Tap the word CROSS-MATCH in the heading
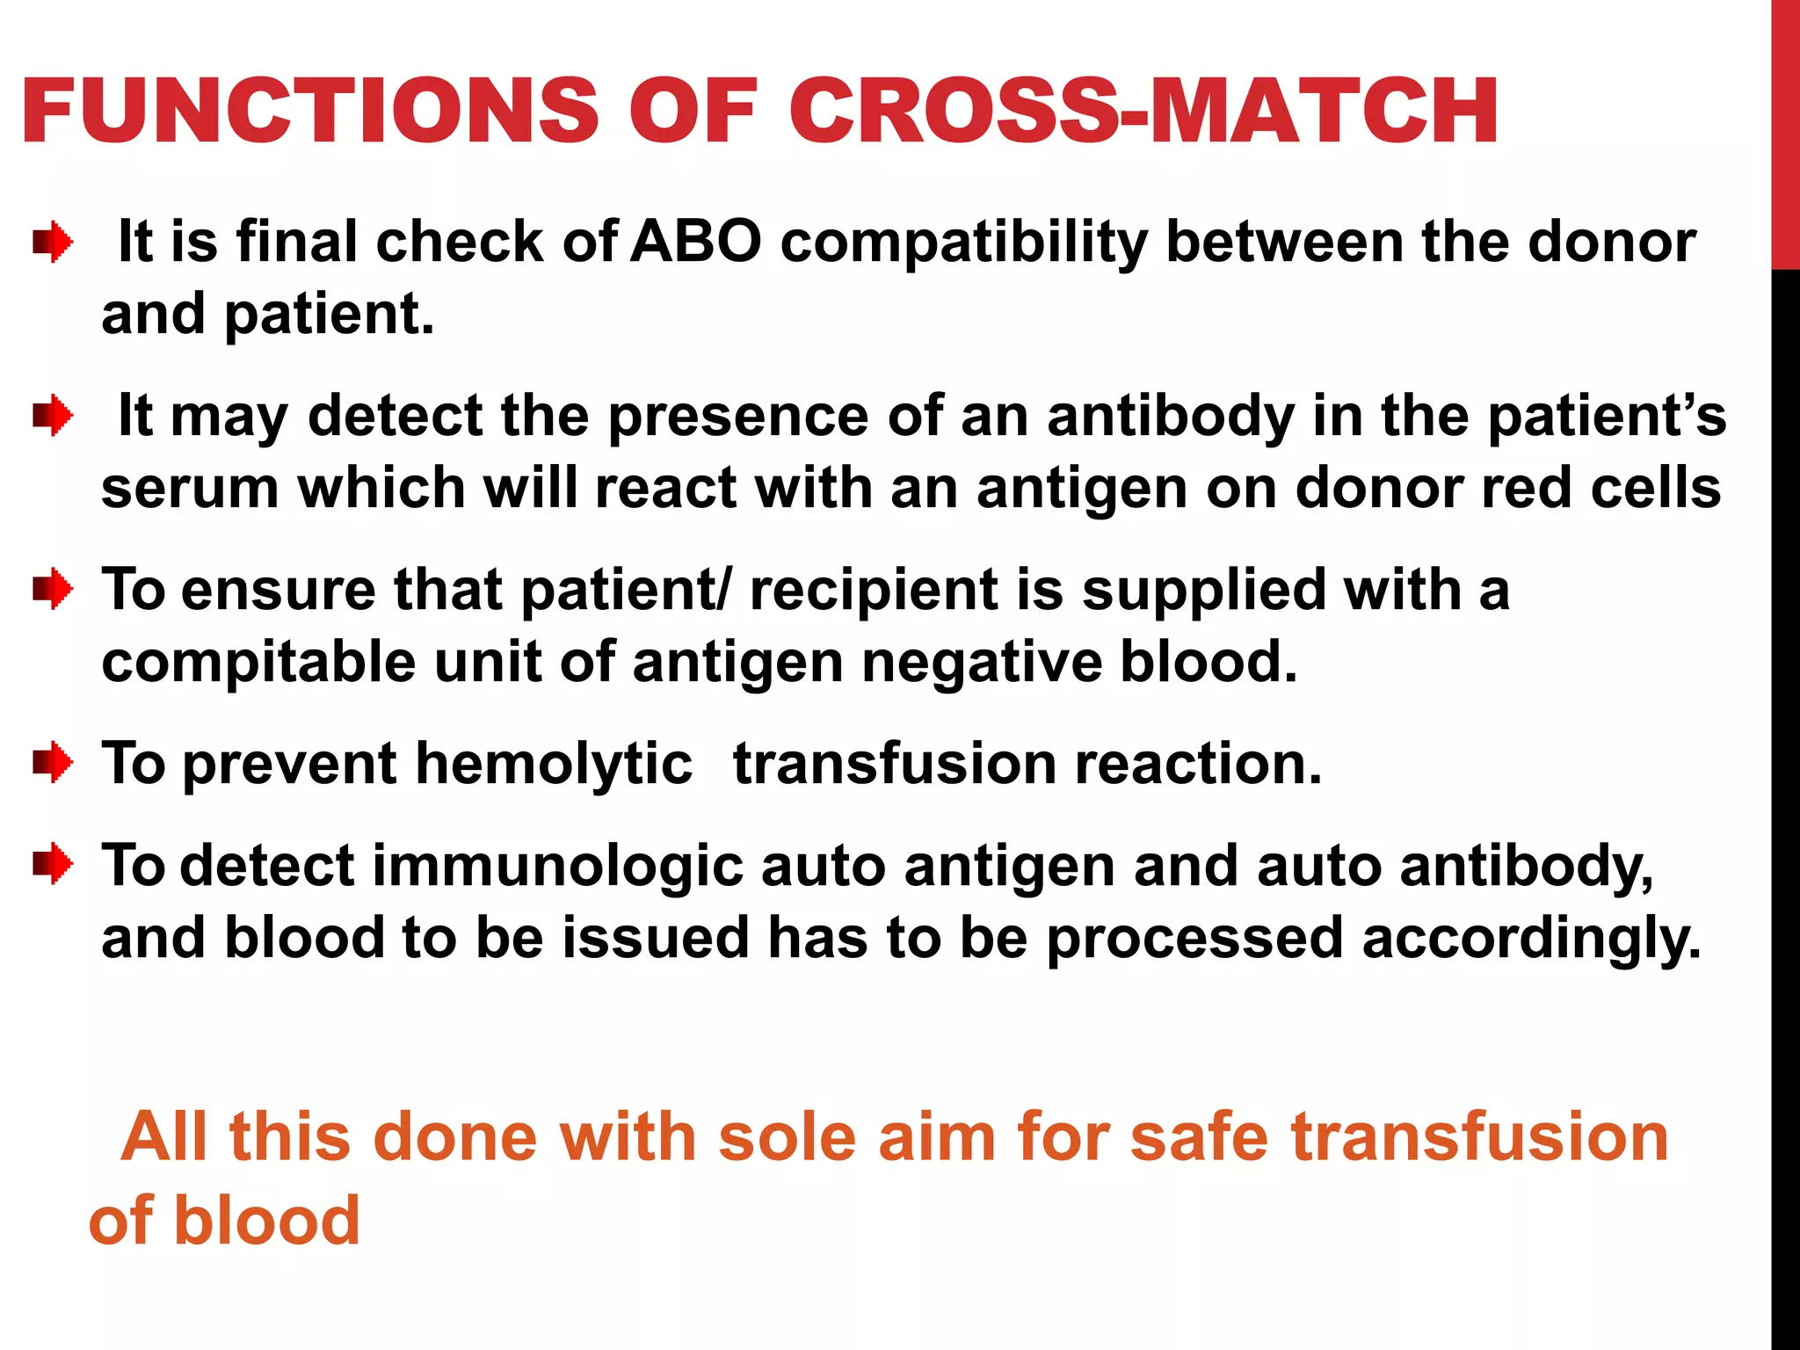pos(1143,112)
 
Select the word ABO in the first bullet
pos(696,242)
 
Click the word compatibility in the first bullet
pos(964,243)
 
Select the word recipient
pos(874,591)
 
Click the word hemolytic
pos(554,765)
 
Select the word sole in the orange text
pos(787,1137)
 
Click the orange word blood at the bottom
pos(267,1221)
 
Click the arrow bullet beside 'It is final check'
pos(53,242)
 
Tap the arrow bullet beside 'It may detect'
pos(53,416)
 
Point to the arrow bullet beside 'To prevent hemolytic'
pos(53,763)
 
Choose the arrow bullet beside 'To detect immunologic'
pos(53,865)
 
